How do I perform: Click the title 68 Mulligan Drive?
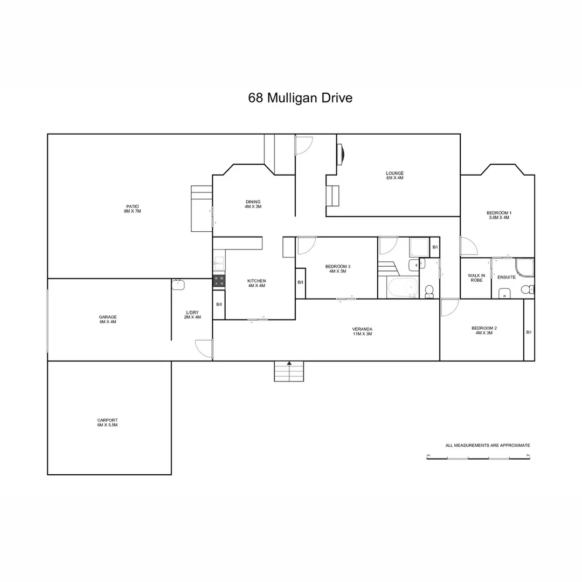300,98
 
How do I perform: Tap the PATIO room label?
133,209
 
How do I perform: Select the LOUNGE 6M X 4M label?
394,175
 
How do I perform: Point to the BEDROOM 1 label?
498,215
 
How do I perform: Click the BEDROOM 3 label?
338,269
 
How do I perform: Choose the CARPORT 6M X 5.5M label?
107,422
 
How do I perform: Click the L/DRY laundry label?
192,314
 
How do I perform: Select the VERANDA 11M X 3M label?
362,331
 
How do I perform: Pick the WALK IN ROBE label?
476,278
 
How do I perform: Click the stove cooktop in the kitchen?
219,281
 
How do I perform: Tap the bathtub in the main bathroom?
403,288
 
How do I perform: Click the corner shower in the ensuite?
524,268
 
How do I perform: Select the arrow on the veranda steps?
289,364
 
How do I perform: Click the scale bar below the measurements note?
479,458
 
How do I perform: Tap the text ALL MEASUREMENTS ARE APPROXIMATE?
488,446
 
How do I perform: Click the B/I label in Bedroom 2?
529,332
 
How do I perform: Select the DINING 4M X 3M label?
253,204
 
